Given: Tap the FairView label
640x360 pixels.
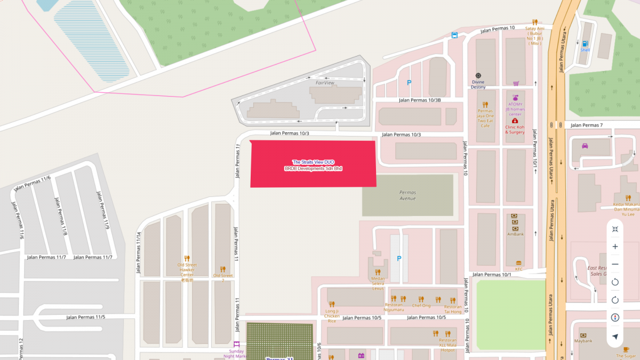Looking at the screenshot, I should pyautogui.click(x=324, y=83).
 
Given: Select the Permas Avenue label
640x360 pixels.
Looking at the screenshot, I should pyautogui.click(x=407, y=195).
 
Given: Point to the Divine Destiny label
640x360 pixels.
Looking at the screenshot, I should pyautogui.click(x=478, y=84).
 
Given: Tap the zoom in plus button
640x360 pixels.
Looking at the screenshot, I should pyautogui.click(x=615, y=246).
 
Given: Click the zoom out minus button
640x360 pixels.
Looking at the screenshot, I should pyautogui.click(x=615, y=264).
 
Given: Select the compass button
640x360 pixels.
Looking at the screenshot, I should pyautogui.click(x=615, y=317).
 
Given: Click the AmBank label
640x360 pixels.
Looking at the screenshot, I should pyautogui.click(x=515, y=234).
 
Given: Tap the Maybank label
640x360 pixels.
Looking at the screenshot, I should pyautogui.click(x=583, y=340).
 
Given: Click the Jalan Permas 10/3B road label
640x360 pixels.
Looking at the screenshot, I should pyautogui.click(x=420, y=100).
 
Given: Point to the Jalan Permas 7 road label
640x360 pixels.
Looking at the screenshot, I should pyautogui.click(x=586, y=125).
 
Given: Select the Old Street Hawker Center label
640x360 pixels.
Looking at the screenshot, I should pyautogui.click(x=187, y=269).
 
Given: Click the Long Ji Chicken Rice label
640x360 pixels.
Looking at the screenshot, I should pyautogui.click(x=332, y=316).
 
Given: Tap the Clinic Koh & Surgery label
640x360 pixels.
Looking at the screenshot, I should pyautogui.click(x=515, y=130).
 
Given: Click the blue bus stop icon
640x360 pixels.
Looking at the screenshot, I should pyautogui.click(x=454, y=35).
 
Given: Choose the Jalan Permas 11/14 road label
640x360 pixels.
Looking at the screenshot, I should pyautogui.click(x=138, y=253).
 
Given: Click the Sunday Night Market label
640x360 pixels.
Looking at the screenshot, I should pyautogui.click(x=237, y=354).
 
